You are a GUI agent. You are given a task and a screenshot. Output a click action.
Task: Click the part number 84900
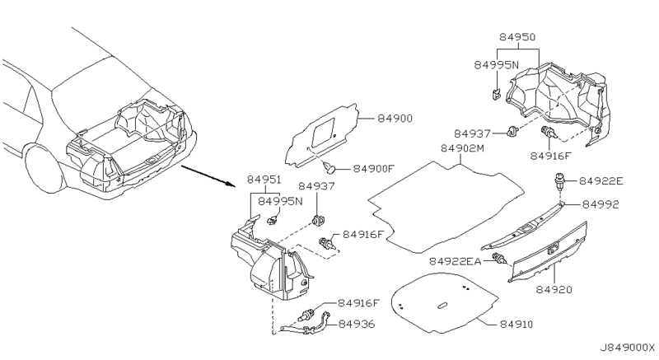pyautogui.click(x=395, y=119)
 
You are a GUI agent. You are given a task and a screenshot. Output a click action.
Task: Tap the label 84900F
pyautogui.click(x=376, y=169)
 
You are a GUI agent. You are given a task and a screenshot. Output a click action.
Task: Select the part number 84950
pyautogui.click(x=518, y=38)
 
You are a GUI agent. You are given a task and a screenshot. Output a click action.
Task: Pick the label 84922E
pyautogui.click(x=602, y=181)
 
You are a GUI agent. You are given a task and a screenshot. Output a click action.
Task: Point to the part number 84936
pyautogui.click(x=357, y=325)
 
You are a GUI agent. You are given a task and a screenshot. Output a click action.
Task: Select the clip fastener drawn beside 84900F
pyautogui.click(x=330, y=169)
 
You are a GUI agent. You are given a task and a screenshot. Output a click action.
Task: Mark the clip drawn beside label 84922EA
pyautogui.click(x=498, y=260)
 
